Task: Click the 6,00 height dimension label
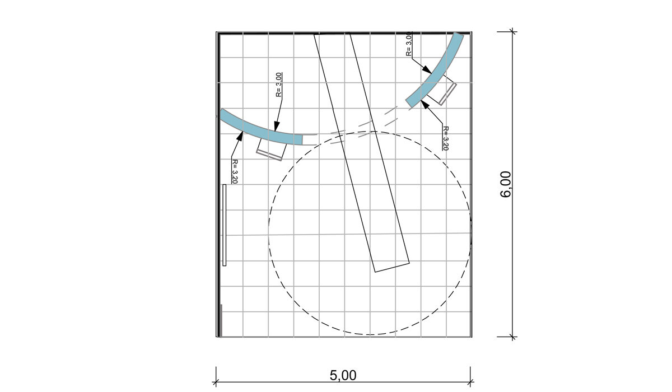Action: pos(506,184)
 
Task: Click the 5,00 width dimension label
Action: pos(343,376)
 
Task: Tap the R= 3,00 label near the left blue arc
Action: pos(279,85)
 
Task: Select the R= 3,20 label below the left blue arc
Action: pos(235,171)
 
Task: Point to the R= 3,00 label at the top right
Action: pos(409,44)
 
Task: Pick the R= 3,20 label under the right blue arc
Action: pos(446,138)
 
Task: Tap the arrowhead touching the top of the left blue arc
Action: pos(277,126)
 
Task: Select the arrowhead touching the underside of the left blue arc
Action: pos(240,136)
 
